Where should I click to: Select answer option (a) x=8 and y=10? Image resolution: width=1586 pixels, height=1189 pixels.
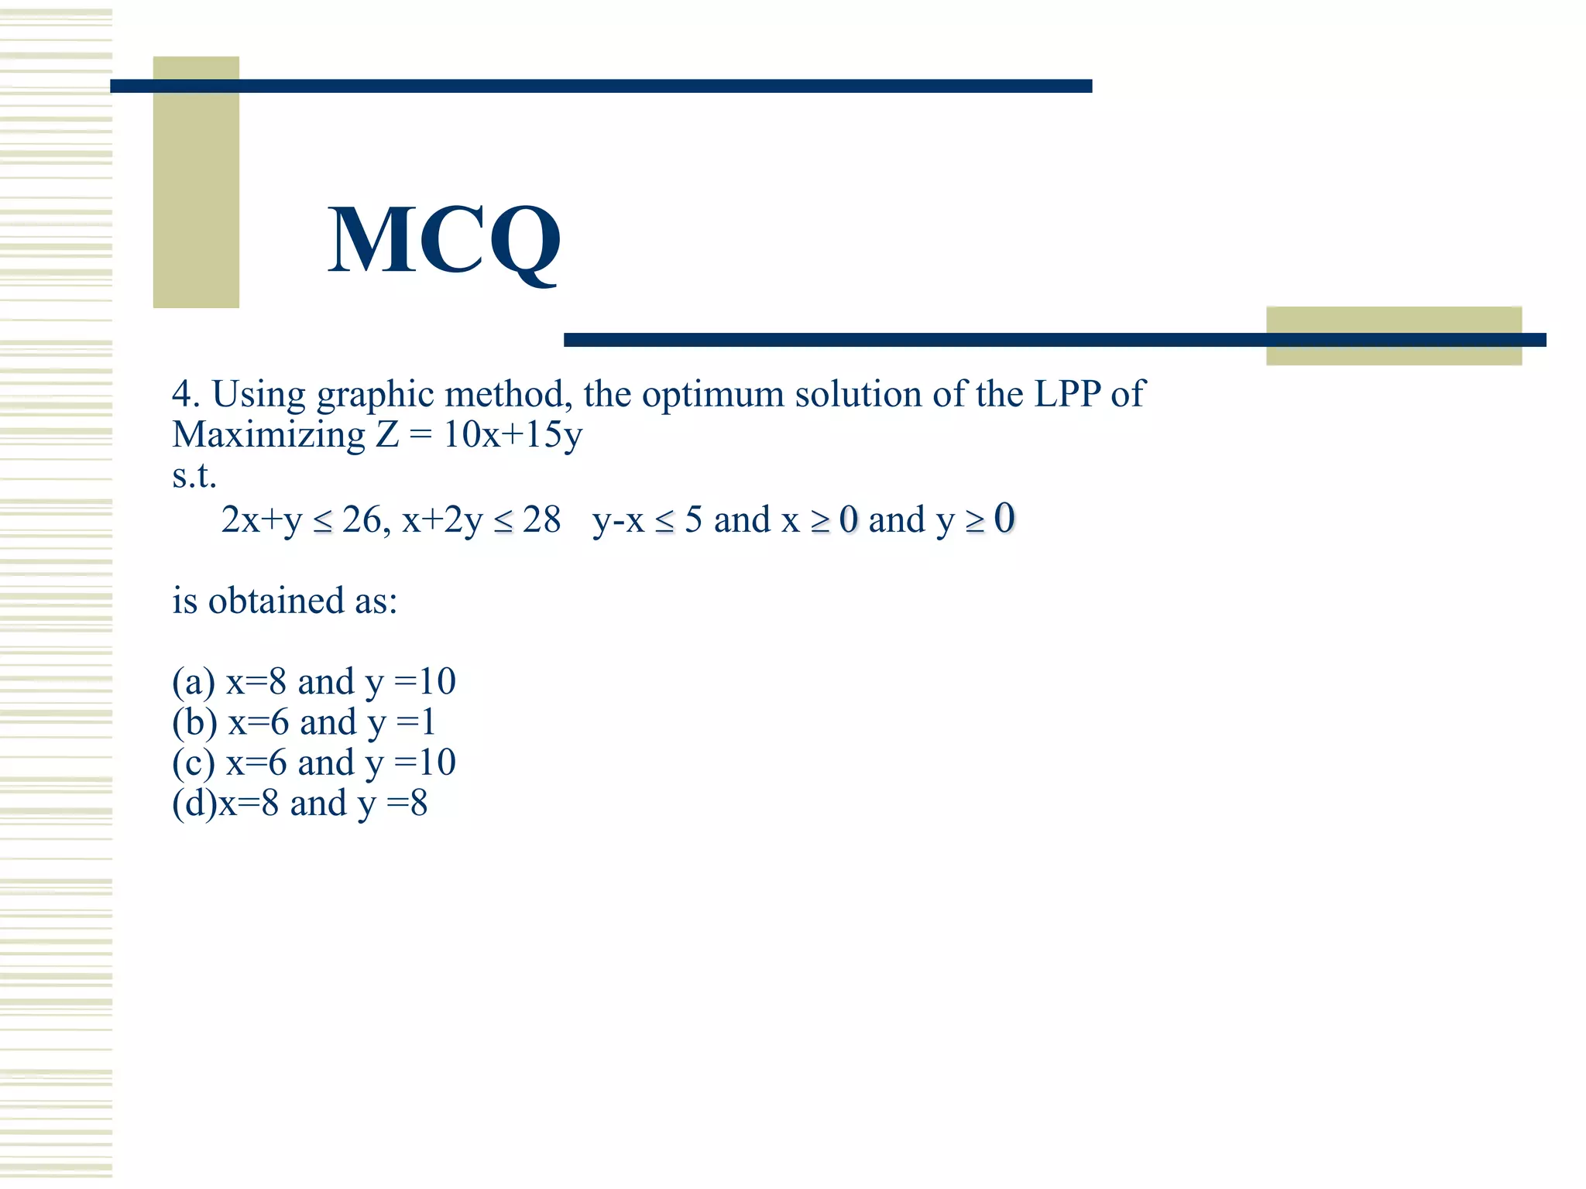[x=314, y=682]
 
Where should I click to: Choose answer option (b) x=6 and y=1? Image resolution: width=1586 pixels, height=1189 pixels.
[x=304, y=722]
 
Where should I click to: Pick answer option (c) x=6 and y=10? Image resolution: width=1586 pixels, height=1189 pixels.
[x=314, y=762]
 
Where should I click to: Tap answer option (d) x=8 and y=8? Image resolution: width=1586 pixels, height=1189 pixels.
[x=300, y=804]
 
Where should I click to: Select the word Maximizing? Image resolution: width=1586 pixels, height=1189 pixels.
[x=269, y=435]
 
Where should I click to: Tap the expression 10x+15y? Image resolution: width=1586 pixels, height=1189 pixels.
[x=512, y=434]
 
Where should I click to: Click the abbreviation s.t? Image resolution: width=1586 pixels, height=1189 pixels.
[x=194, y=475]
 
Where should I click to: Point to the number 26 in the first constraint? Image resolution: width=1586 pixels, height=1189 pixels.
[x=362, y=519]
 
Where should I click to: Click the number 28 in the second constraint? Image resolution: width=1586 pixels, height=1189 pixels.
[x=541, y=519]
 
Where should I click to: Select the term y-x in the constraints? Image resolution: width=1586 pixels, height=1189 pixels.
[x=618, y=520]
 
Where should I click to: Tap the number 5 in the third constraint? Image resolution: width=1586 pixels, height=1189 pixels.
[x=693, y=519]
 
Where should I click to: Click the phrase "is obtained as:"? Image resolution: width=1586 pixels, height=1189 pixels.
[x=284, y=601]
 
